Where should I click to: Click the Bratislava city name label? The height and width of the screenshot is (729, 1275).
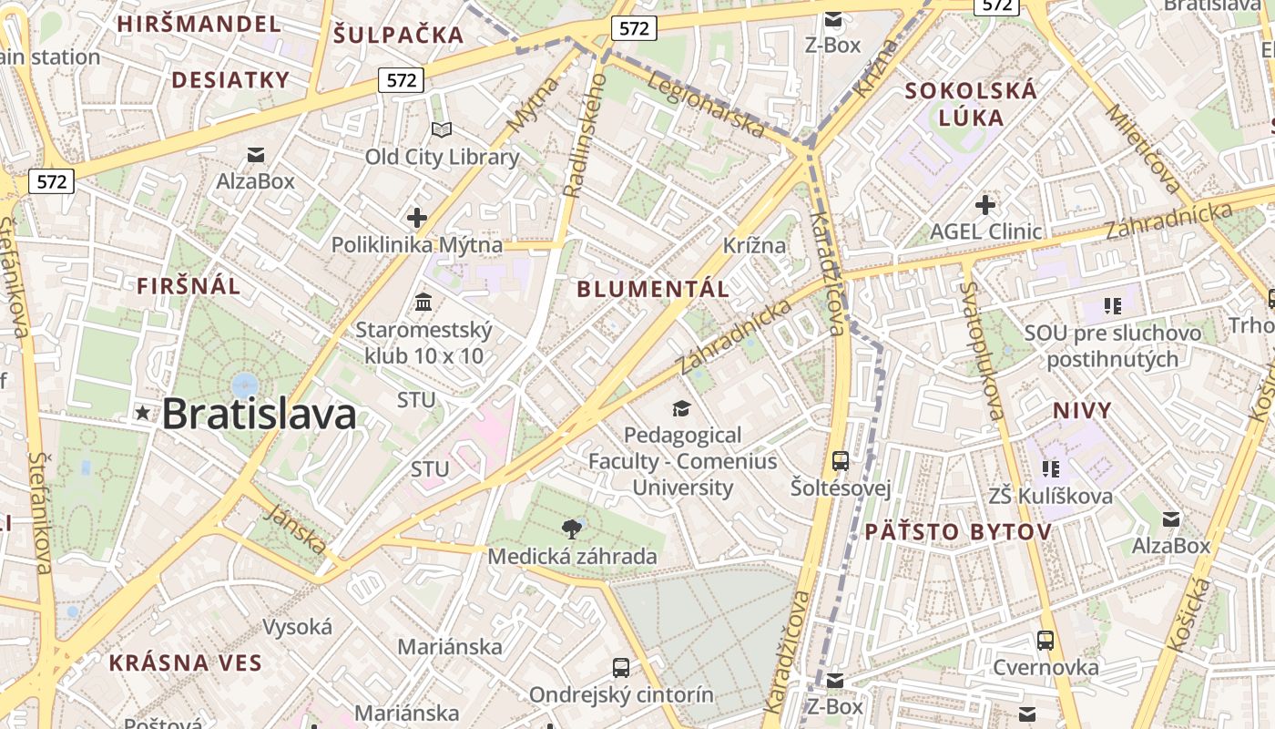tap(259, 414)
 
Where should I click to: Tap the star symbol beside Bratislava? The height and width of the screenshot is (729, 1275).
tap(142, 413)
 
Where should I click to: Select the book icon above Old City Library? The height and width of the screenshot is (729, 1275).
tap(442, 130)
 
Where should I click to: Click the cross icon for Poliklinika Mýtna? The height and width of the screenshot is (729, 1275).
tap(417, 218)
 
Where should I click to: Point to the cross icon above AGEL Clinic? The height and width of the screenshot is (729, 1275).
tap(984, 204)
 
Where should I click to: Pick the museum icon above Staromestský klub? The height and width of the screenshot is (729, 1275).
tap(423, 302)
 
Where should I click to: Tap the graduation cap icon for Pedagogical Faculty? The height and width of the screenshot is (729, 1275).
tap(682, 407)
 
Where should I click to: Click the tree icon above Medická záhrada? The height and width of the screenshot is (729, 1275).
tap(572, 529)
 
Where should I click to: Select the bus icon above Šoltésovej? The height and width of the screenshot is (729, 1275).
tap(841, 461)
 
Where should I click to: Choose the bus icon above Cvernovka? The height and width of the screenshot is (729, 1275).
tap(1045, 640)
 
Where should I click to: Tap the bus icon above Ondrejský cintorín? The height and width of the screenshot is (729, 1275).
tap(621, 667)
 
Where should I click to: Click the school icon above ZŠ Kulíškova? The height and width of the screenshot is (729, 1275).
tap(1051, 468)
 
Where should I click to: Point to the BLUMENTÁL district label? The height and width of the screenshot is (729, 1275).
tap(654, 290)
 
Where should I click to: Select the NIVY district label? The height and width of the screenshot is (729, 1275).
tap(1083, 410)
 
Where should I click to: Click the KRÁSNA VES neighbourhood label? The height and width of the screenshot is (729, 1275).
tap(186, 662)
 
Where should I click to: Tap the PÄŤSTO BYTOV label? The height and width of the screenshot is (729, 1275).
tap(958, 531)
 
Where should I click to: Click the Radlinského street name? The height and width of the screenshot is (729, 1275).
tap(585, 137)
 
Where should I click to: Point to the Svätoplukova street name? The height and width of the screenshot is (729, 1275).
tap(982, 351)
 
